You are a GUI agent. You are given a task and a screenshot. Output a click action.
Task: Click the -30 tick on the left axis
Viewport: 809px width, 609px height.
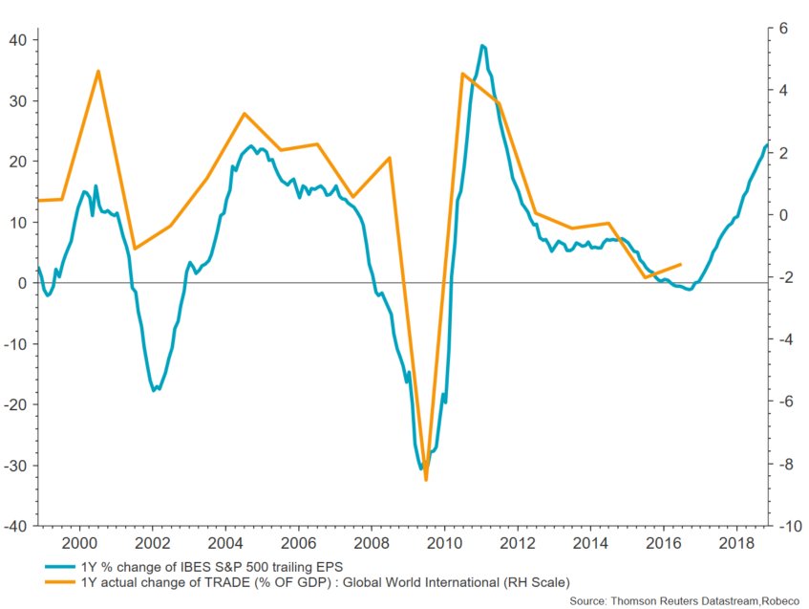[x=15, y=466]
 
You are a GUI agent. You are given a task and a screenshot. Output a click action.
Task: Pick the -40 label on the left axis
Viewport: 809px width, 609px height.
[x=15, y=526]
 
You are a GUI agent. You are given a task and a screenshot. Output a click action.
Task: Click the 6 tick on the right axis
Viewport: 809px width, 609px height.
[x=784, y=29]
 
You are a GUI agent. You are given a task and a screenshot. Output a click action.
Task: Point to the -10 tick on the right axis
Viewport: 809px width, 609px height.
[x=788, y=526]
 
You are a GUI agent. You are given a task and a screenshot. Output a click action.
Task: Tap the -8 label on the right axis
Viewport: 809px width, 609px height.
[x=785, y=465]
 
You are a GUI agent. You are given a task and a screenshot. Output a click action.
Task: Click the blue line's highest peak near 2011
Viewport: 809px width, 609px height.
[x=482, y=45]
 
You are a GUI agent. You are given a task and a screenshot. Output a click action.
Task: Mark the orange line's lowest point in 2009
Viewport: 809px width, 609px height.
[x=426, y=480]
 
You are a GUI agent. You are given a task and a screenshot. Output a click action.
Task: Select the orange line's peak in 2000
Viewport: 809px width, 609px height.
[x=99, y=71]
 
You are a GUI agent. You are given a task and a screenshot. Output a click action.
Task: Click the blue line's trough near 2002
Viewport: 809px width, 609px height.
[x=155, y=390]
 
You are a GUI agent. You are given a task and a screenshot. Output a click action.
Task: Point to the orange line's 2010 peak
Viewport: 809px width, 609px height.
[x=462, y=74]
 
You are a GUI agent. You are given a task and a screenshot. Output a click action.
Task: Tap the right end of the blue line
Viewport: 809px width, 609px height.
[x=767, y=144]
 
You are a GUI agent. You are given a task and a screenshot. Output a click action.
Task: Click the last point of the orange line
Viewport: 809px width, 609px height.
[x=680, y=264]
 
